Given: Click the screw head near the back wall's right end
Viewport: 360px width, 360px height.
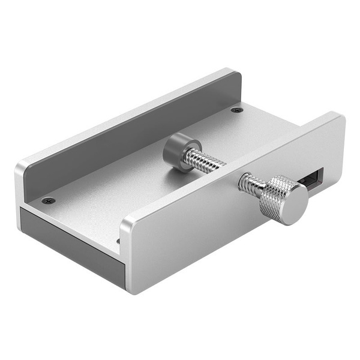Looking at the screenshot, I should (x=236, y=110).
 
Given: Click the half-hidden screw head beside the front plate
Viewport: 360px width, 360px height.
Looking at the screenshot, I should (x=118, y=241).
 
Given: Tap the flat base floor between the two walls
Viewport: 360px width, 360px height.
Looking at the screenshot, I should (x=138, y=180).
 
